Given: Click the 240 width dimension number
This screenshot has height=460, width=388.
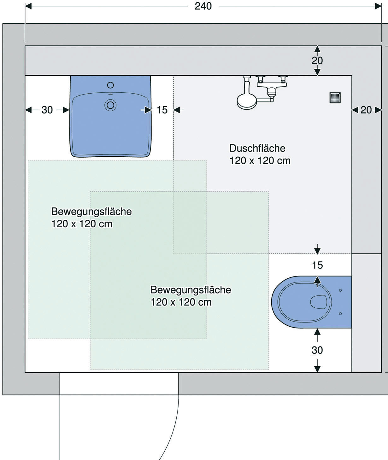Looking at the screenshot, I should click(203, 6).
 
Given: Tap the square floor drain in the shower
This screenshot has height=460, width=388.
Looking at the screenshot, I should click(335, 98).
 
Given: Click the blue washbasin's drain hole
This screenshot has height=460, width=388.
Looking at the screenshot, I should click(110, 105).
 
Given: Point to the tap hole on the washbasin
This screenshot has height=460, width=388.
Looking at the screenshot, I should click(110, 85).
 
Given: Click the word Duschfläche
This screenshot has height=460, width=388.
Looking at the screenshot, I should click(257, 148).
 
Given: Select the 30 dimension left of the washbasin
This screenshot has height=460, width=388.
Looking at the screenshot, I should click(47, 110).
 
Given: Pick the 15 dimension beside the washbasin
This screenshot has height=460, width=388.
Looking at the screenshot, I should click(162, 110).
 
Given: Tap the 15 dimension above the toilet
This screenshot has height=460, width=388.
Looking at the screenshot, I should click(317, 265).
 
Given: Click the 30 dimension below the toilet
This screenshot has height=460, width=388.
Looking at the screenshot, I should click(317, 350).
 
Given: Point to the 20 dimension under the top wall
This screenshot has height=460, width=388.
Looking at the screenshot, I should click(317, 61).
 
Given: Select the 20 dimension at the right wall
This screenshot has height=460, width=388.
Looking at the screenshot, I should click(366, 110).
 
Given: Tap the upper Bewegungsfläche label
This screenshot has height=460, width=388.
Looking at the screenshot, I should click(91, 212).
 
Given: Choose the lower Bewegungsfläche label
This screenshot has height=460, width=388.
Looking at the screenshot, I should click(191, 290).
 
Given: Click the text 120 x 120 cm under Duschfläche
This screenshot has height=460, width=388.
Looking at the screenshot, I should click(260, 161).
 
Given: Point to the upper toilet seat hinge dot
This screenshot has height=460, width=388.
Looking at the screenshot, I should click(340, 290).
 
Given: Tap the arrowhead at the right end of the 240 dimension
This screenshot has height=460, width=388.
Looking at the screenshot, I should click(379, 6).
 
